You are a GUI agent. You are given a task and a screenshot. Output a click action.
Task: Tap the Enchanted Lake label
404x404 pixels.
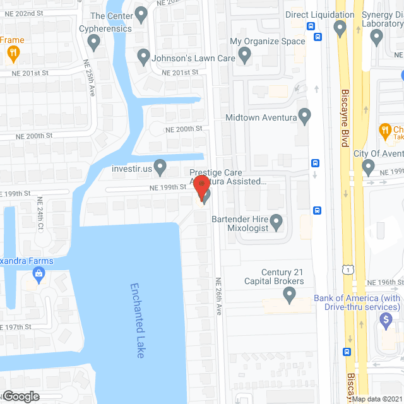coord(138,320)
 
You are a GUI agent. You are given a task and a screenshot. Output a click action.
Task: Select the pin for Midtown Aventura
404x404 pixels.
coord(305,117)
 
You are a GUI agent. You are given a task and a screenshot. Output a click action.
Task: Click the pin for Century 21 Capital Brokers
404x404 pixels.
coord(290,294)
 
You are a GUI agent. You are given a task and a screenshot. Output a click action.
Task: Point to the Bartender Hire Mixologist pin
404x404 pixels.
coord(276,222)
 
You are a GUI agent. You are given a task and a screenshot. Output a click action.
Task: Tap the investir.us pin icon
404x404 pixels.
coord(160,167)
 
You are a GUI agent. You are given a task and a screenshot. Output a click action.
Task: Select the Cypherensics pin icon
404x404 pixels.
coord(94,43)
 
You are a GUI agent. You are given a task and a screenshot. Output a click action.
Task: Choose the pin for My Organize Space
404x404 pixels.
coord(244,57)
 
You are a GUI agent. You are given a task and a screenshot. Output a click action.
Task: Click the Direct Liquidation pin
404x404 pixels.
coord(340,28)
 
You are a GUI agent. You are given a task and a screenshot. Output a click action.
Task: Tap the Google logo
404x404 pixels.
coord(20,396)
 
